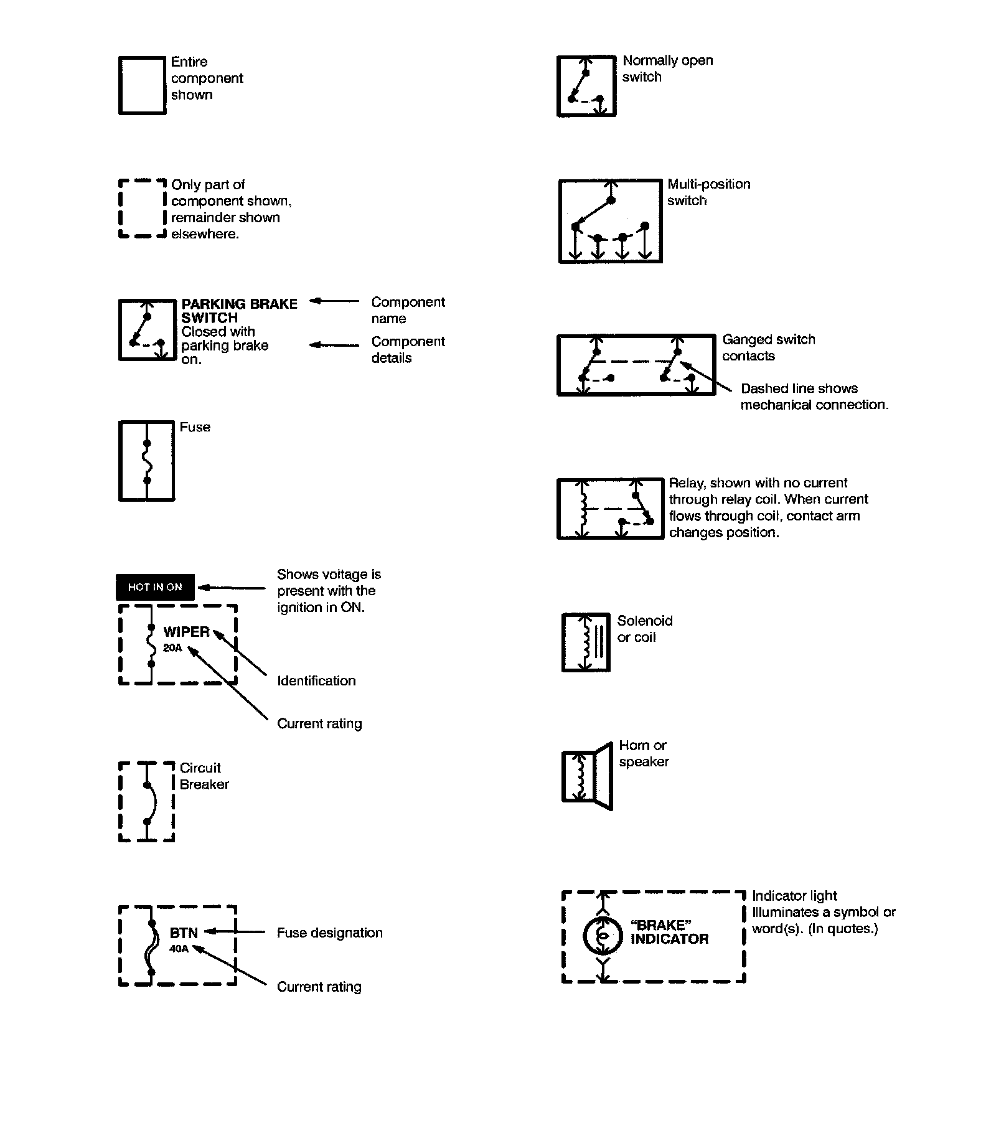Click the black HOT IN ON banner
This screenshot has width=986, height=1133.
coord(155,587)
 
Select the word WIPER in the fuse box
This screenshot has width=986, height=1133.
coord(186,632)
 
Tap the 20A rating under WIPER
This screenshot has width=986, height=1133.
coord(172,648)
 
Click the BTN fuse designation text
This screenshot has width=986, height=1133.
coord(184,933)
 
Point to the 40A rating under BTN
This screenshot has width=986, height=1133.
coord(179,949)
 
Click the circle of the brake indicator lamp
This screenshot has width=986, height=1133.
coord(602,936)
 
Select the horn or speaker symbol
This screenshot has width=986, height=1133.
coord(587,776)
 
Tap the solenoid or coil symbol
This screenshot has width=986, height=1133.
coord(586,643)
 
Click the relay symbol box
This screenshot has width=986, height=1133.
coord(610,509)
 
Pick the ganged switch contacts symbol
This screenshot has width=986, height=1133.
coord(636,365)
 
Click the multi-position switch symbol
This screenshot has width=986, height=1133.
coord(610,222)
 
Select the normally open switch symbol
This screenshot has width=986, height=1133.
coord(586,86)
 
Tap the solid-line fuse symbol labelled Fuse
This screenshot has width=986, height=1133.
coord(146,461)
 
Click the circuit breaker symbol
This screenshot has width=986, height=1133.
coord(146,801)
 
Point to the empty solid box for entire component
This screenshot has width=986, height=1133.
coord(142,86)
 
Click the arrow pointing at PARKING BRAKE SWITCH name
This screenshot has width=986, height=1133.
coord(334,301)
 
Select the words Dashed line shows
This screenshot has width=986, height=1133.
coord(799,388)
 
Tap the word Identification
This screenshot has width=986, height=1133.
coord(316,681)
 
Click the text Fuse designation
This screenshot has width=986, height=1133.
coord(329,933)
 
